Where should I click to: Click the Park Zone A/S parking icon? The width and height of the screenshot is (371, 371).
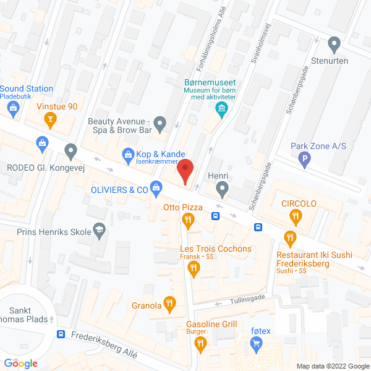(x=304, y=161)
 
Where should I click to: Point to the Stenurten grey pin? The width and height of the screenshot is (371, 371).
(x=335, y=45)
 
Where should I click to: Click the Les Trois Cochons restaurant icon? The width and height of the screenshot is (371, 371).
(x=194, y=267)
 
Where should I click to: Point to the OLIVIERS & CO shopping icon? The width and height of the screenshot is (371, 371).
(x=156, y=186)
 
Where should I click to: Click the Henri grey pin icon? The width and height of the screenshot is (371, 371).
(x=223, y=188)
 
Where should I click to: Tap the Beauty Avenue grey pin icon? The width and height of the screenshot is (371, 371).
(x=160, y=126)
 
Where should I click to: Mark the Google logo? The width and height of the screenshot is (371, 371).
(x=21, y=363)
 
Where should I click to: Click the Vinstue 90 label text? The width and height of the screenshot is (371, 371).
(x=57, y=106)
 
